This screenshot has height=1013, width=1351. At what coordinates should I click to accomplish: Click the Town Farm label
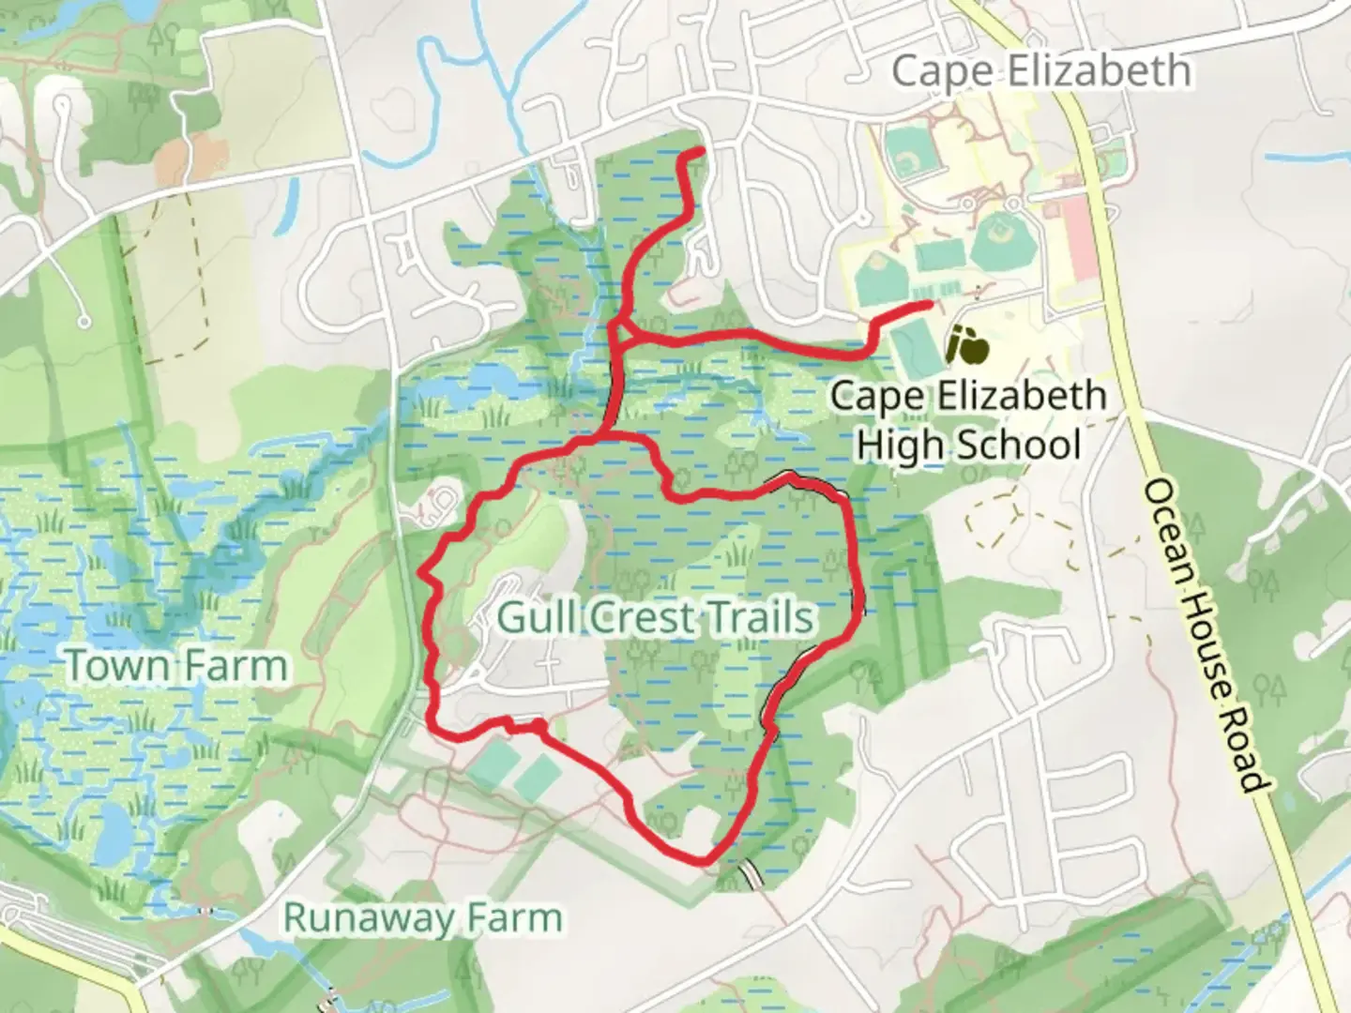[x=176, y=667]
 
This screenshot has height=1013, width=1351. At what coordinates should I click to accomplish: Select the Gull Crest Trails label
[x=655, y=618]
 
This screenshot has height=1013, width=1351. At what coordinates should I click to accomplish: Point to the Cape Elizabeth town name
[x=1041, y=71]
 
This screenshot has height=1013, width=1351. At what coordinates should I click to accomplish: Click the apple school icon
[x=966, y=346]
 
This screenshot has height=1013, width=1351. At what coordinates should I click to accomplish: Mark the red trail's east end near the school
[x=929, y=304]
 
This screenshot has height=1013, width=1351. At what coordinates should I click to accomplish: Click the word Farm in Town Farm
[x=238, y=667]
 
